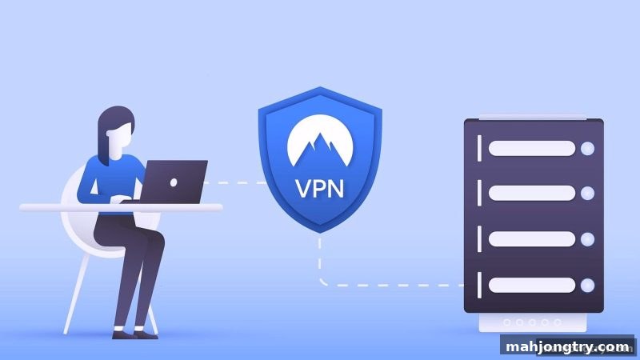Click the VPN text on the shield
pos(319,189)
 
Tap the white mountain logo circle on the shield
pos(320,141)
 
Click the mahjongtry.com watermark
pos(567,347)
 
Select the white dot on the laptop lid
pos(174,183)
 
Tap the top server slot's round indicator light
pos(588,149)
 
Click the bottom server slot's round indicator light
pos(588,286)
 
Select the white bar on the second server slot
pos(532,193)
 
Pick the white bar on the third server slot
pos(532,239)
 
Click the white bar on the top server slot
pos(532,149)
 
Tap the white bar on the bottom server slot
pos(532,286)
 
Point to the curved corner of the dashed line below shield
pos(322,282)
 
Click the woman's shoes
pos(134,333)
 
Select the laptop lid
pos(174,182)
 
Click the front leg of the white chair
pos(76,294)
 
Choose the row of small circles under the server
pos(532,322)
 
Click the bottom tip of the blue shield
pos(320,233)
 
